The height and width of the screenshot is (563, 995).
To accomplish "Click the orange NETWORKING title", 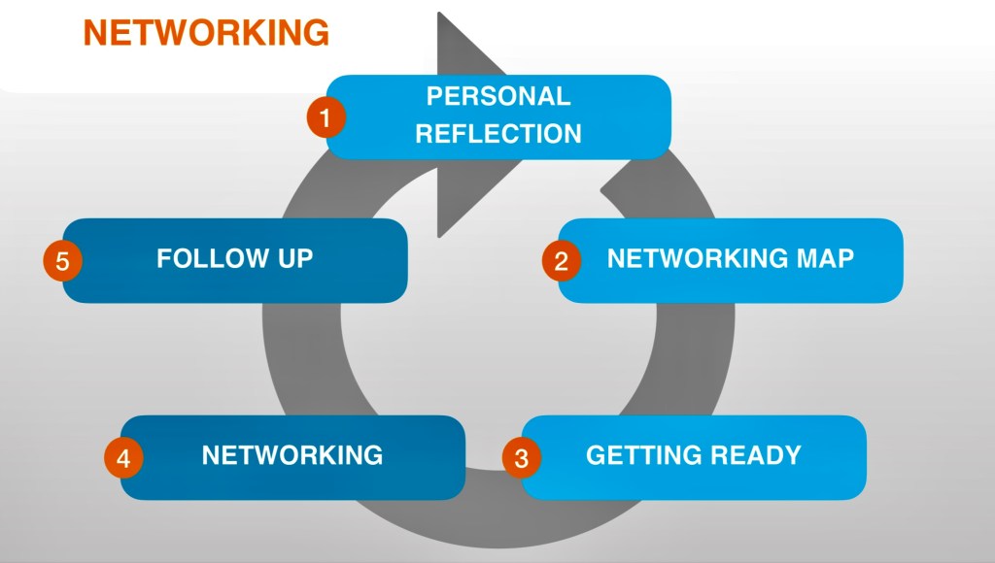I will click(x=206, y=32).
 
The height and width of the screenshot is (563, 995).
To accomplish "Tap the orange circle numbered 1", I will click(x=326, y=119).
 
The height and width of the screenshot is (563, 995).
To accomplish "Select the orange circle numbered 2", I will click(x=562, y=261).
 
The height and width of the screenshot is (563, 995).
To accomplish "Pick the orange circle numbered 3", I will click(x=522, y=457).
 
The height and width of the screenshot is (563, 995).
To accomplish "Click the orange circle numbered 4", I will click(x=123, y=457).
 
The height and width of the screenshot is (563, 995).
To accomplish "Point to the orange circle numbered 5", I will click(x=63, y=261).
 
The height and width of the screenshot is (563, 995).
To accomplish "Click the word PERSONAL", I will click(x=498, y=96).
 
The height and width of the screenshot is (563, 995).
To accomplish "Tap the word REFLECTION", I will click(x=498, y=134).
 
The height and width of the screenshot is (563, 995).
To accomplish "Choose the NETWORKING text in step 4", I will click(x=292, y=454).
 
